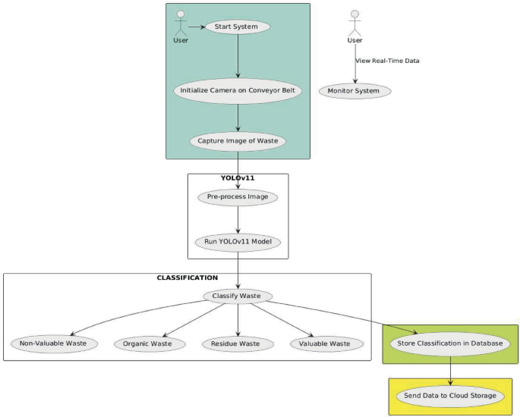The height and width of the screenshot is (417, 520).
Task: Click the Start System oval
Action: point(238,27)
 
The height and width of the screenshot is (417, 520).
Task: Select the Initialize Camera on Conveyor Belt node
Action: point(238,91)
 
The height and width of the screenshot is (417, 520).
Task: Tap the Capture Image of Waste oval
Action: point(238,140)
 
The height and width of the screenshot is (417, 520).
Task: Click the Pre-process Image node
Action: point(238,197)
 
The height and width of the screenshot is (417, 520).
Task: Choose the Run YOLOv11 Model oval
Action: point(238,243)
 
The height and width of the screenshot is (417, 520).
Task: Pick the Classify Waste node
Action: point(238,296)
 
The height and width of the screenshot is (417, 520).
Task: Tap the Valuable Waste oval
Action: point(325,343)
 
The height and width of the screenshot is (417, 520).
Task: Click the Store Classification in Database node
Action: point(449,343)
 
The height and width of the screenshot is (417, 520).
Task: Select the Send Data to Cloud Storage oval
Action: point(450,395)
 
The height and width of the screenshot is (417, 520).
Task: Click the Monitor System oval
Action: point(355,91)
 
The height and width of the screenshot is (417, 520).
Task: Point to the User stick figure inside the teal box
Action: point(181,23)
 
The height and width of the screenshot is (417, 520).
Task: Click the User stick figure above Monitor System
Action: point(355,23)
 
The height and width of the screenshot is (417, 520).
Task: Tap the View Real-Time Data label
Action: point(387,61)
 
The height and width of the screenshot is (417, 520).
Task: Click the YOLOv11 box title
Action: point(238,179)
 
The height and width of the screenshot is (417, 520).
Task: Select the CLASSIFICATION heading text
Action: point(187,278)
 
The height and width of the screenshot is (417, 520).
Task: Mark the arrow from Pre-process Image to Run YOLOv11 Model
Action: point(238,220)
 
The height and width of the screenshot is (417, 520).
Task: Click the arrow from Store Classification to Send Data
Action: point(451,369)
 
